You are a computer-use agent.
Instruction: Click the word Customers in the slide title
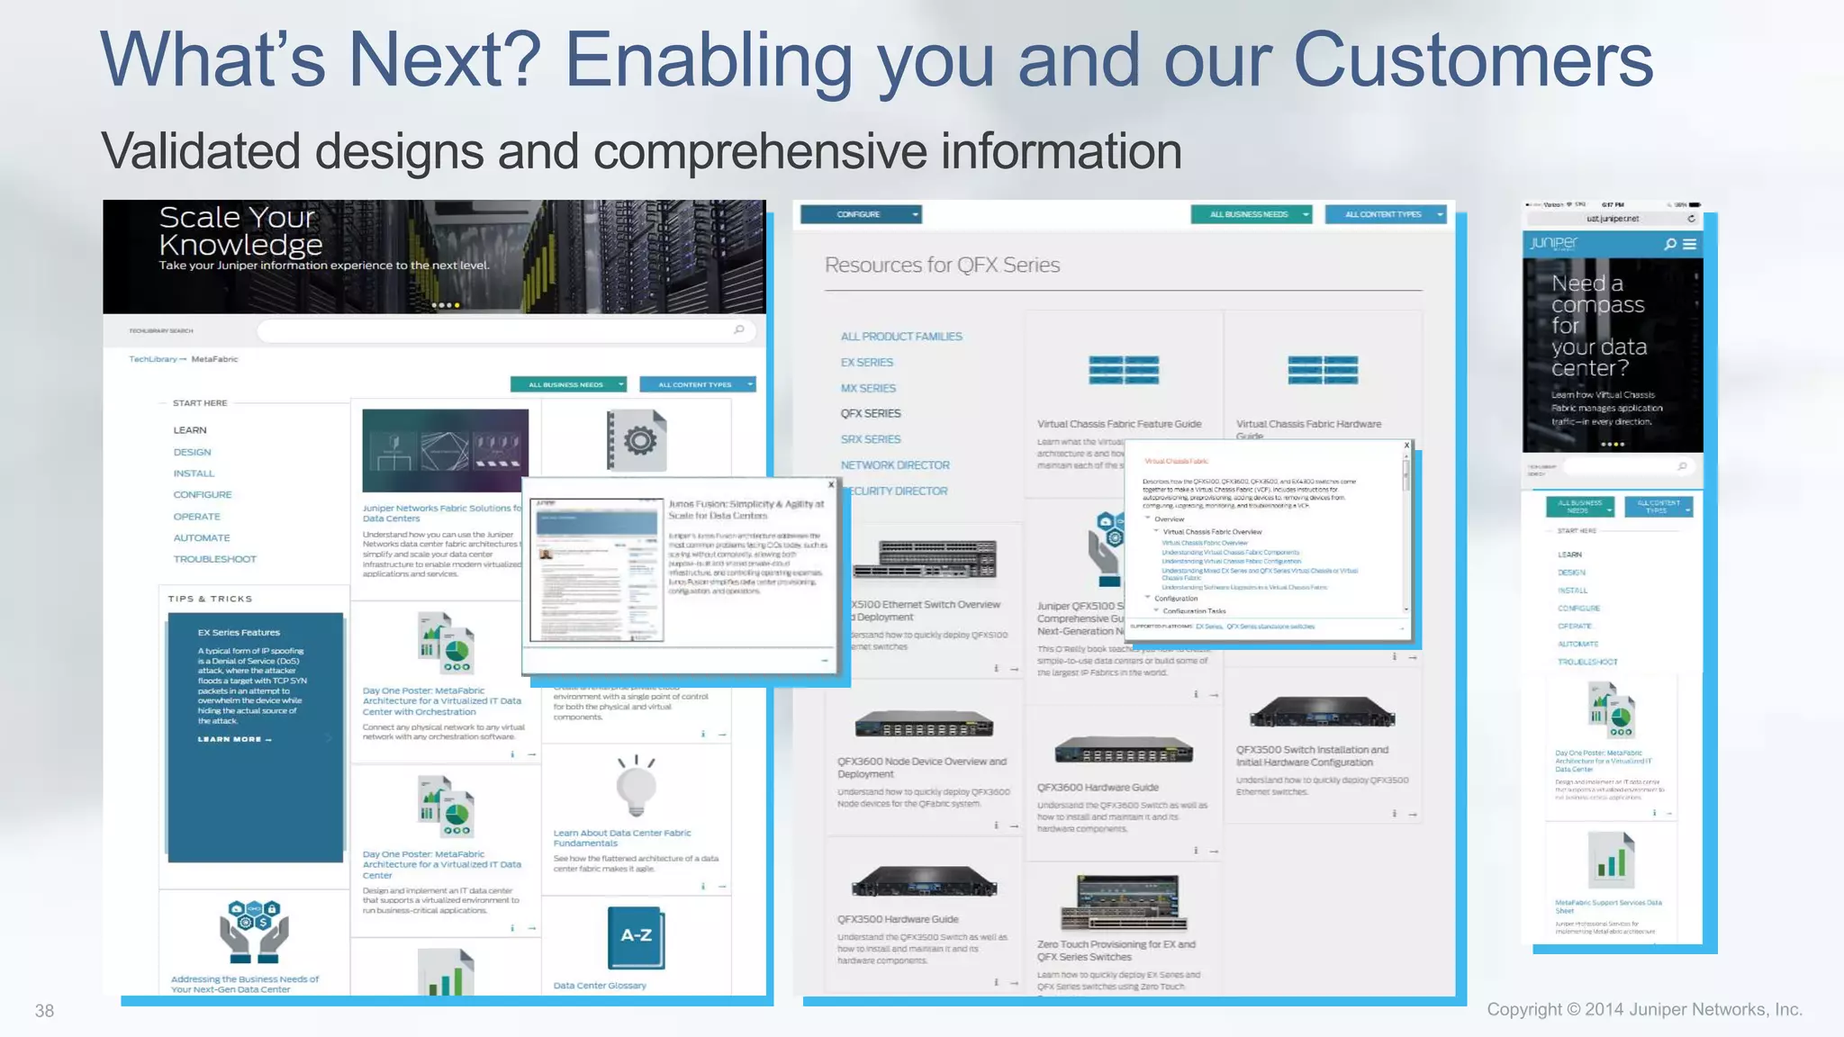pos(1472,59)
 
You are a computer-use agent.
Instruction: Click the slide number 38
pos(44,1011)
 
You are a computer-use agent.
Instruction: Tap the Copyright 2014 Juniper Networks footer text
pos(1644,1009)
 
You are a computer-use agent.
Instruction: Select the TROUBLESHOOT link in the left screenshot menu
pos(214,559)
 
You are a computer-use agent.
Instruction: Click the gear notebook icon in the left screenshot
pos(637,440)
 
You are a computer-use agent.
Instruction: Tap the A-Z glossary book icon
pos(636,937)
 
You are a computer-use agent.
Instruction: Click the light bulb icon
pos(637,784)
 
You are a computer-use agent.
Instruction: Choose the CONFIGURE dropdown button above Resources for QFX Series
pos(861,214)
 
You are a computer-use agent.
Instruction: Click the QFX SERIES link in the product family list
pos(870,413)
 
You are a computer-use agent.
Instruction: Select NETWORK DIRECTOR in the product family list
pos(895,465)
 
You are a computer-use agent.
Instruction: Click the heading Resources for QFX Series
pos(942,265)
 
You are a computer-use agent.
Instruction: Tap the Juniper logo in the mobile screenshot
pos(1553,243)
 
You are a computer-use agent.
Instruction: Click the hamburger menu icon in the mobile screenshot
pos(1689,244)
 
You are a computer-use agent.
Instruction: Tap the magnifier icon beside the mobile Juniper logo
pos(1670,244)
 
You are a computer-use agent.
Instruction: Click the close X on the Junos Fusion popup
pos(830,484)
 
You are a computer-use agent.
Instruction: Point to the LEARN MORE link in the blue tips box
pos(234,739)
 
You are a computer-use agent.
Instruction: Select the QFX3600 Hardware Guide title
pos(1098,788)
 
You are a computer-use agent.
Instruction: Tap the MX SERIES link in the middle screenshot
pos(868,388)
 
